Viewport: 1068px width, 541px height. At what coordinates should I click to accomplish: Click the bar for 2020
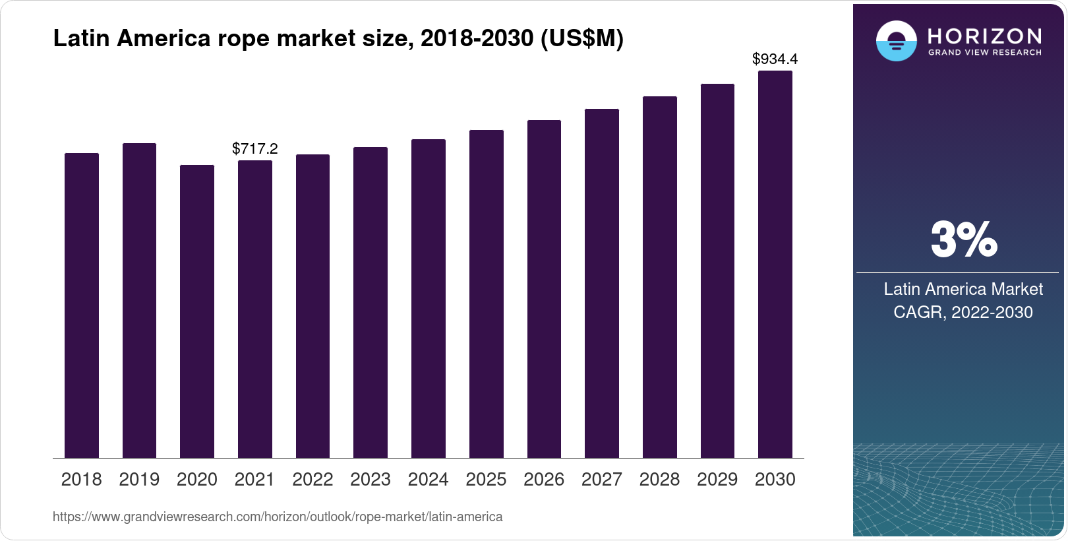(x=197, y=311)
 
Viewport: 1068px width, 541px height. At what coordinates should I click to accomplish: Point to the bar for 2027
(x=602, y=283)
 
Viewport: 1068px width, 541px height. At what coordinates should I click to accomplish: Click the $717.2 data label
(x=255, y=149)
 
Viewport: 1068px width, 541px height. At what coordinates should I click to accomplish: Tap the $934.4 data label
(x=775, y=59)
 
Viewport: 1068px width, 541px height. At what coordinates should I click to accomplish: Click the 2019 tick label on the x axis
(x=139, y=480)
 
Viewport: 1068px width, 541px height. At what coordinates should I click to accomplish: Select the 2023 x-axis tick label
(x=371, y=480)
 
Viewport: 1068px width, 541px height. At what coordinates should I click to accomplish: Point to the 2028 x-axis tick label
(x=659, y=480)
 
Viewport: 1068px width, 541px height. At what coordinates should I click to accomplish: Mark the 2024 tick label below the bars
(x=429, y=480)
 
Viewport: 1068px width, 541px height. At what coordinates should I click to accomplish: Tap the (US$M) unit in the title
(x=581, y=39)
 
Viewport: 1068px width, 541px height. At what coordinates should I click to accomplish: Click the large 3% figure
(x=964, y=239)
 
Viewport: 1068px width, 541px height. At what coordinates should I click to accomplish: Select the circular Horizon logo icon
(x=896, y=41)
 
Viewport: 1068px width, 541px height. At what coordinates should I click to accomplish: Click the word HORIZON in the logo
(x=985, y=36)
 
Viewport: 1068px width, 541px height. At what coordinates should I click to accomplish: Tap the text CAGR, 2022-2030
(x=963, y=312)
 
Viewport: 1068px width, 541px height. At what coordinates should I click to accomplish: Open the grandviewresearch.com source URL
(x=278, y=517)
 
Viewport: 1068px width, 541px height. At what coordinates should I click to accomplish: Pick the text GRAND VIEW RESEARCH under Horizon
(x=985, y=53)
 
